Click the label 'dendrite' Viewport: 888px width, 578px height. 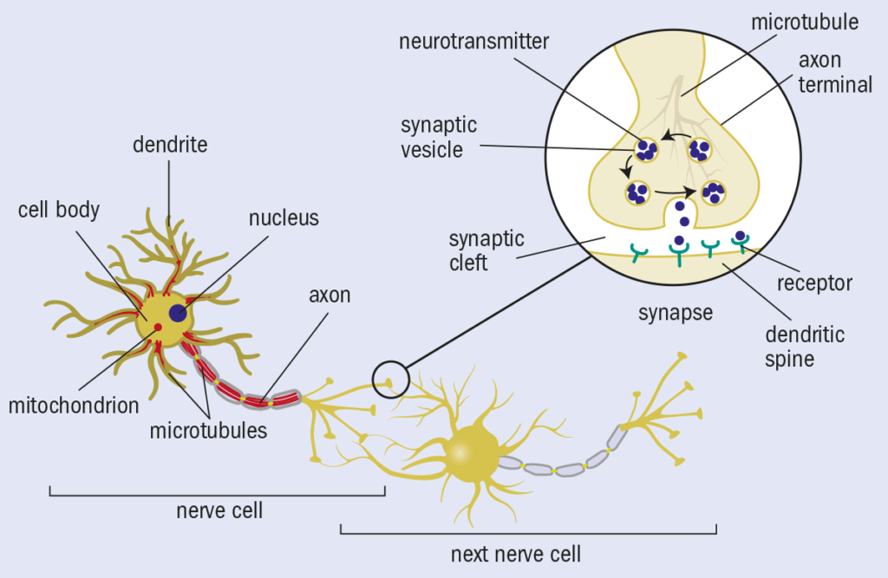tap(170, 144)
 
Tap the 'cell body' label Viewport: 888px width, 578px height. tap(59, 210)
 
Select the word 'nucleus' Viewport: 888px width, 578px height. tap(284, 218)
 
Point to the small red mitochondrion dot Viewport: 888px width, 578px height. tap(158, 328)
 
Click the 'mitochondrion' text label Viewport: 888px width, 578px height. tap(73, 404)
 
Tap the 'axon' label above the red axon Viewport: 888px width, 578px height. tap(330, 295)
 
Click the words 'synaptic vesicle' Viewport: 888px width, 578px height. tap(439, 138)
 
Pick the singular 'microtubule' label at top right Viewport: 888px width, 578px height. tap(806, 22)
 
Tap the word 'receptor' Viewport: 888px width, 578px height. tap(814, 283)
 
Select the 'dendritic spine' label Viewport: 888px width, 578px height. tap(804, 345)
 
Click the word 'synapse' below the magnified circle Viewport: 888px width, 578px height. tap(675, 312)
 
